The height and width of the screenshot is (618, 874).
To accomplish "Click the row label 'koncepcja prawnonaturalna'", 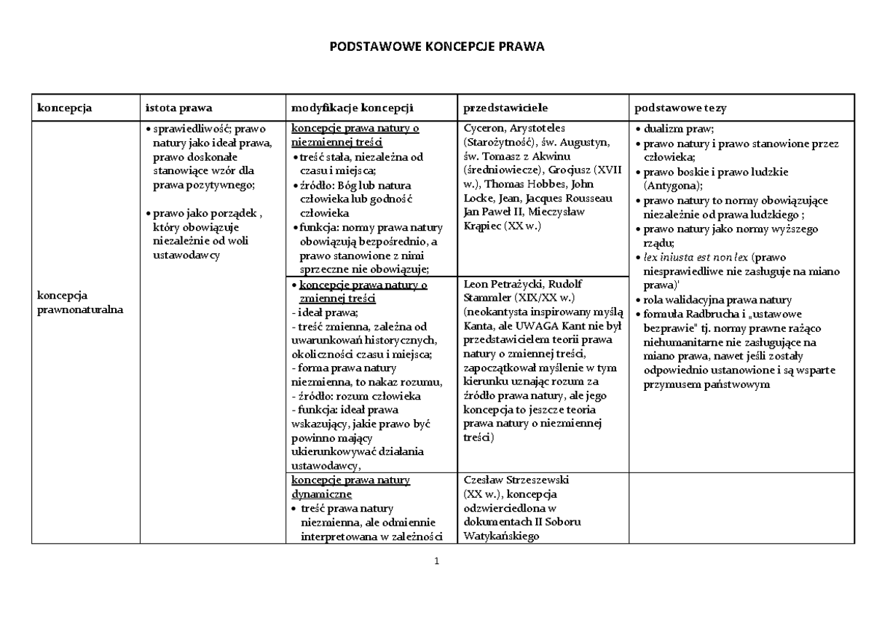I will pyautogui.click(x=77, y=303).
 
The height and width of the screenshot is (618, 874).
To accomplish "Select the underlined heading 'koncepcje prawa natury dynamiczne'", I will pyautogui.click(x=350, y=486).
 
